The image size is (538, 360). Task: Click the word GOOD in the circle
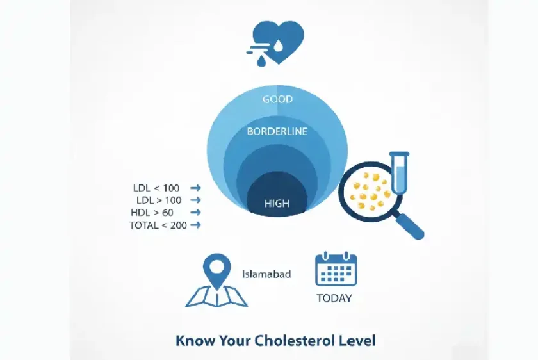277,99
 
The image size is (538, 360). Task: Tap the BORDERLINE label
277,131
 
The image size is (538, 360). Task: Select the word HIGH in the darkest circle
277,204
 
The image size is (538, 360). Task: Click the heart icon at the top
278,42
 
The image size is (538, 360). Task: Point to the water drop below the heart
261,61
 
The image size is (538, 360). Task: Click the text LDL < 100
156,188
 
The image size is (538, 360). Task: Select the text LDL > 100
159,200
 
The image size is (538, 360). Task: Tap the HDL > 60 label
152,213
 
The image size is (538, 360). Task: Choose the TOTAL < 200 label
158,225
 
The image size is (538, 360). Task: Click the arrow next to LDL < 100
195,188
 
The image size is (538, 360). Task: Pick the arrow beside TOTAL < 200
195,225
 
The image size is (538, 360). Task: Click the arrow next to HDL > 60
195,213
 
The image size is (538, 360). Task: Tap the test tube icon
400,173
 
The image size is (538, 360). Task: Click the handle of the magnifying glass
410,225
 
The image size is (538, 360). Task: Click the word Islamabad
266,274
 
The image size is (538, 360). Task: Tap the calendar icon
336,269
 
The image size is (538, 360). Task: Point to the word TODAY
334,299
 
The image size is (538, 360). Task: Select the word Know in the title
195,341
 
